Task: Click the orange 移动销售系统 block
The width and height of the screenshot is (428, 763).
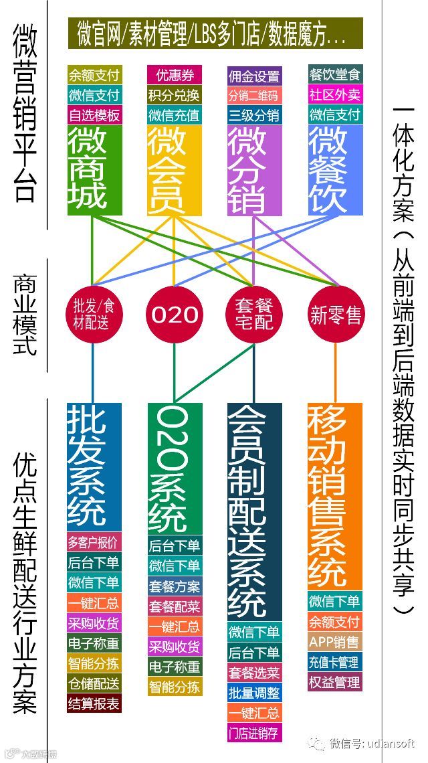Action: point(334,495)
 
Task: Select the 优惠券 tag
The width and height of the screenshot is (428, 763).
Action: point(174,74)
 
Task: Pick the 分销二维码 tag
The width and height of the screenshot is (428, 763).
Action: point(254,95)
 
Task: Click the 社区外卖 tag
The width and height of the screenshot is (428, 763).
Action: point(335,94)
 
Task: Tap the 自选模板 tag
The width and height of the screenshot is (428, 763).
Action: point(94,115)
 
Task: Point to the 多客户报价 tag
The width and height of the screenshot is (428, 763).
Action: point(94,542)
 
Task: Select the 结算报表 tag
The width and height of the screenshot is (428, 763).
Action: point(94,703)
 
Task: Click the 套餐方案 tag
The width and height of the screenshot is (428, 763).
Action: point(175,587)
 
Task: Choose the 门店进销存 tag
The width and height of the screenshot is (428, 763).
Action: point(254,732)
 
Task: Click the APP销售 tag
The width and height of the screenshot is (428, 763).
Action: point(334,642)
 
